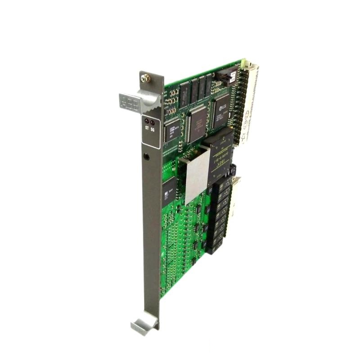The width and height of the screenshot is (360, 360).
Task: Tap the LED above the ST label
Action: pyautogui.click(x=146, y=122)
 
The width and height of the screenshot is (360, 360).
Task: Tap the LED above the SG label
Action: pyautogui.click(x=152, y=122)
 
